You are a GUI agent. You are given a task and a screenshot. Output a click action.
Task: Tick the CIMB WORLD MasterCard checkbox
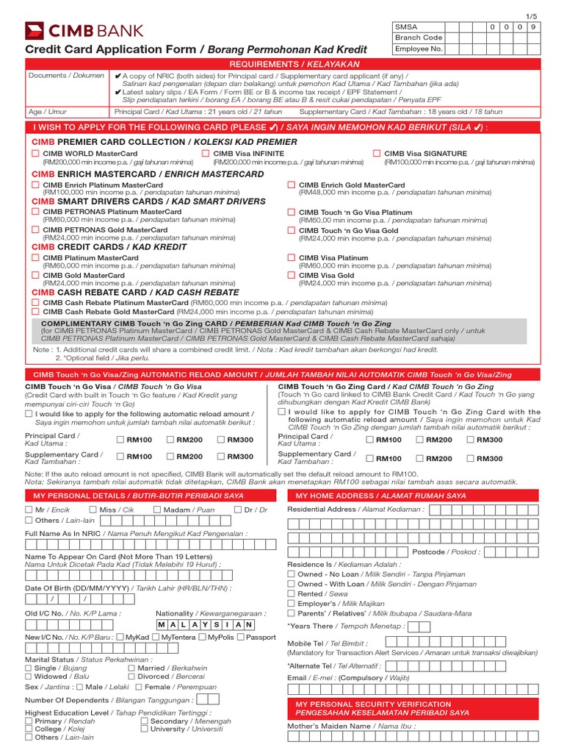coord(35,154)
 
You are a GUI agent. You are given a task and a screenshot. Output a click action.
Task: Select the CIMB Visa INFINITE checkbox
coord(206,154)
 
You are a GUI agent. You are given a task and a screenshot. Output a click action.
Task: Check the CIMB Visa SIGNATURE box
coord(377,154)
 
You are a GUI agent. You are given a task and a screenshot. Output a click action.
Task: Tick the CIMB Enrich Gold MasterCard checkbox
coord(292,185)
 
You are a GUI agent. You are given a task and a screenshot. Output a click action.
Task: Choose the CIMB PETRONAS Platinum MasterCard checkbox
coord(35,212)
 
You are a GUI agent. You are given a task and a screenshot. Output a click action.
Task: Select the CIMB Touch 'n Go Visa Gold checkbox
coord(292,230)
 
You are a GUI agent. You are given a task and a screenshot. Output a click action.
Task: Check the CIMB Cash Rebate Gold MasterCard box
coord(35,312)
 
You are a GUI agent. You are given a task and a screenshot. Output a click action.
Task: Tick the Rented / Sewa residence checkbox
coord(292,593)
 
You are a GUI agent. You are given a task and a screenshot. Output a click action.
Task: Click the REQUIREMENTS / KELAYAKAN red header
coord(282,65)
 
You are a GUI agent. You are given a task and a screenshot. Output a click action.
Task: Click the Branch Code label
coord(419,38)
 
